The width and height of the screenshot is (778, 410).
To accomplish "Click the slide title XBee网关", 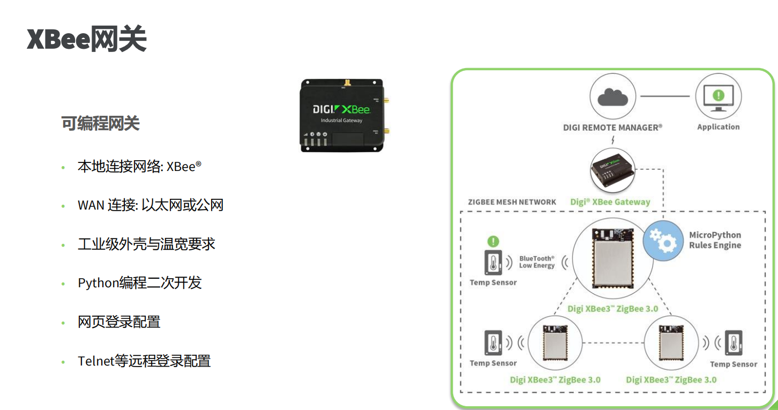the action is [86, 39].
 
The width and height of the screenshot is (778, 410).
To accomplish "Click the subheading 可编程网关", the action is [100, 123].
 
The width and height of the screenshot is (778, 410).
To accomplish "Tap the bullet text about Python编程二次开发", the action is [140, 283].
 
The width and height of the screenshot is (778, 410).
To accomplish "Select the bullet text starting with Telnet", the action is [144, 361].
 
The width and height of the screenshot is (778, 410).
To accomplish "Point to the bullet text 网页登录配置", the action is [119, 322].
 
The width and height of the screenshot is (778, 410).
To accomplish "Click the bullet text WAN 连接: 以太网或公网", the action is [151, 205].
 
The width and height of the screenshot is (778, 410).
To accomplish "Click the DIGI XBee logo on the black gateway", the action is [342, 109].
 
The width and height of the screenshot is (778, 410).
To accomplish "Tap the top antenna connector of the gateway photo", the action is [347, 83].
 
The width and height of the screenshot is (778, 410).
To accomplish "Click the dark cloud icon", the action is [612, 97].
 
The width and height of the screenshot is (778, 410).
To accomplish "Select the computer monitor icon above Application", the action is [719, 98].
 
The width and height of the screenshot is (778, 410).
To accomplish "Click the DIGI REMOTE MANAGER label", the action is [612, 128].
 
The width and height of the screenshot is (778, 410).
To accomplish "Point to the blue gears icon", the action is [663, 241].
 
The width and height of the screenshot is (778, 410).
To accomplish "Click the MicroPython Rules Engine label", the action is [715, 240].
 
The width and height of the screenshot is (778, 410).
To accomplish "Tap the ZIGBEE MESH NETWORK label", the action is [512, 202].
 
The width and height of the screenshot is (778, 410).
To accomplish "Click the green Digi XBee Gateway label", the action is [610, 202].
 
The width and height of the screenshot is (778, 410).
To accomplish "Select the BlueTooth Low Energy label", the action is [537, 262].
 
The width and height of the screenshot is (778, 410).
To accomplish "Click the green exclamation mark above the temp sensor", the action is [493, 241].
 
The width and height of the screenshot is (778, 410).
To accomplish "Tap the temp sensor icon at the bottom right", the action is [734, 343].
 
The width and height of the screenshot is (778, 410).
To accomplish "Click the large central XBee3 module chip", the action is [613, 258].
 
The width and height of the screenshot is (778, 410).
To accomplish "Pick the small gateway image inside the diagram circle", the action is [612, 170].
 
